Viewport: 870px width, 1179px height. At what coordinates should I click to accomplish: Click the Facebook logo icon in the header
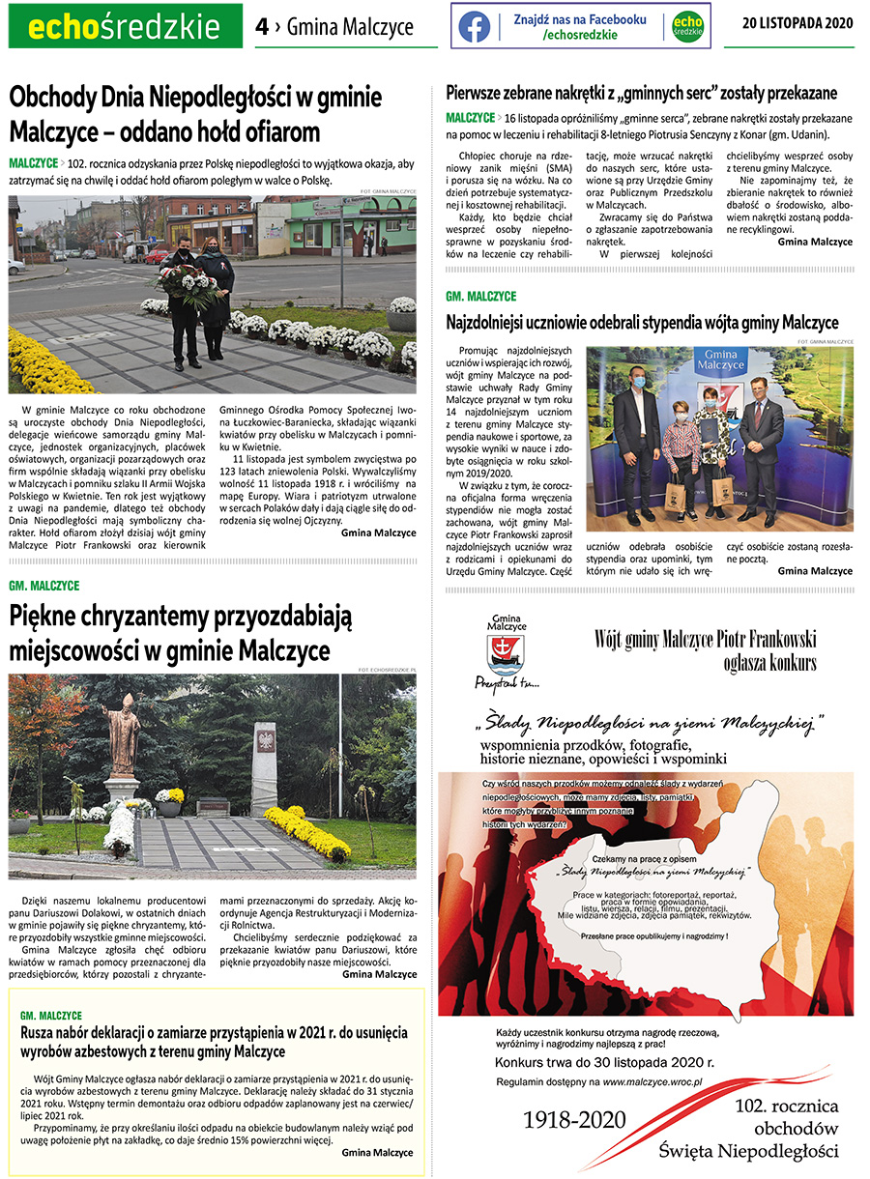(x=474, y=27)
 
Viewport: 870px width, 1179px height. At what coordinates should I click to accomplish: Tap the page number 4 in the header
(x=262, y=27)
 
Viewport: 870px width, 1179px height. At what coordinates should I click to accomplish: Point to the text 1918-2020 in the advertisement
(x=574, y=1120)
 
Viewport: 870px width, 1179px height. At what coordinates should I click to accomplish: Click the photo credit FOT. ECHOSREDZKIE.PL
(x=386, y=669)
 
